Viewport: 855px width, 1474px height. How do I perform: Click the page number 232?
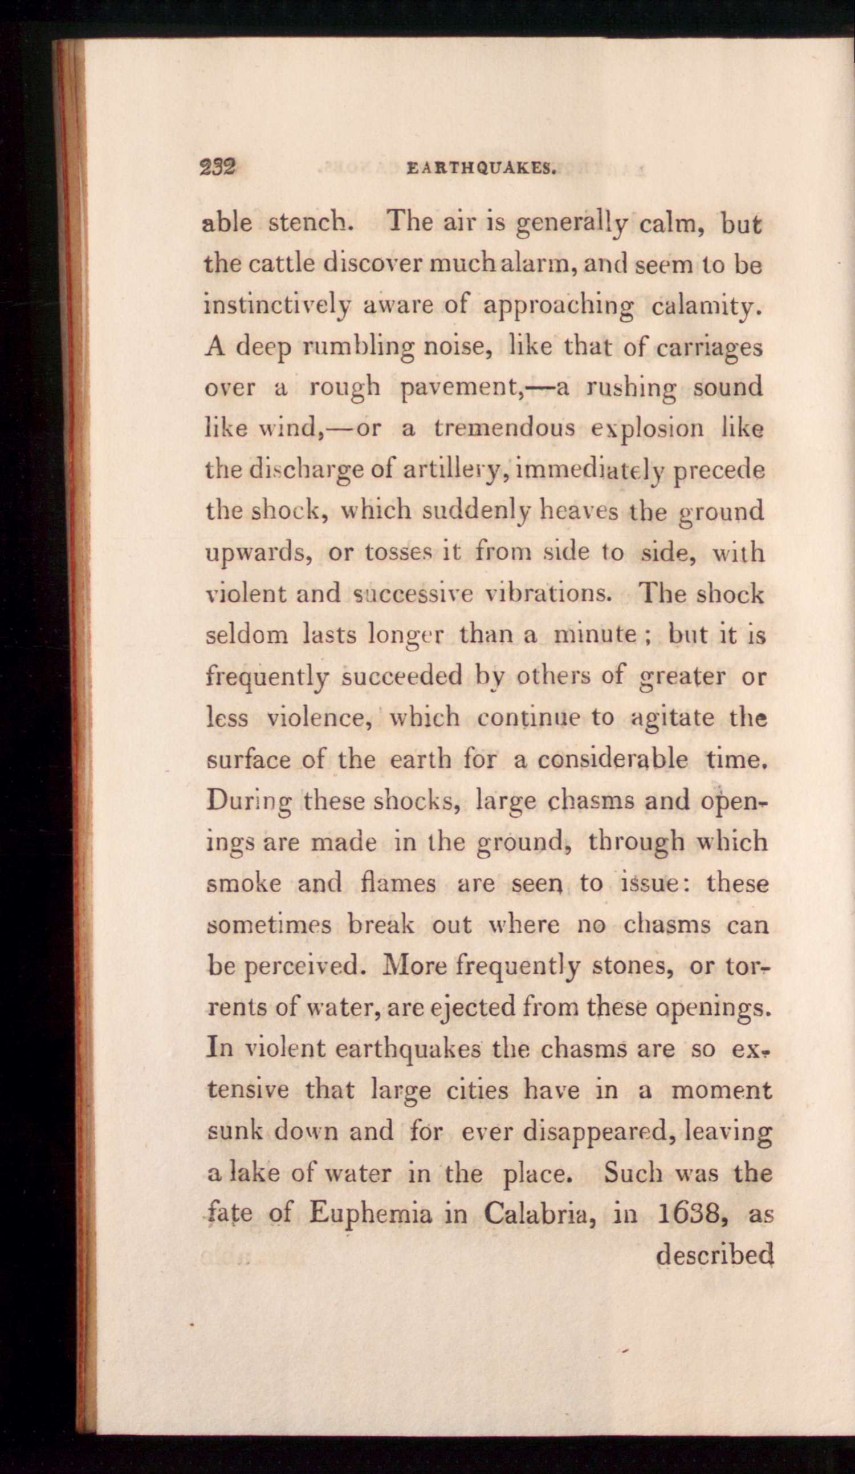coord(217,168)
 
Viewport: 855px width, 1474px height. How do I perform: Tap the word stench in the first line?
coord(308,224)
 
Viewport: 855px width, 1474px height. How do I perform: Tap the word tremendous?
coord(504,429)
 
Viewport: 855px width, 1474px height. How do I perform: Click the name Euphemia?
coord(370,1215)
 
